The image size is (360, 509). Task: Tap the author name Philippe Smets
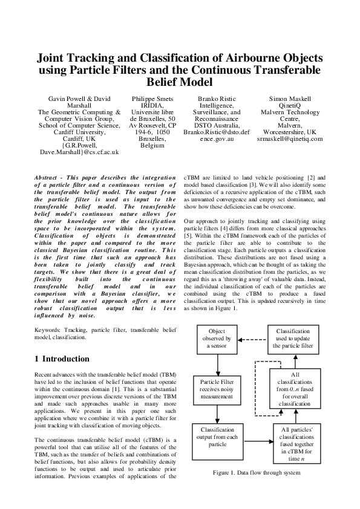[x=152, y=99]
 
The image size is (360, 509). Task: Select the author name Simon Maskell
[x=290, y=99]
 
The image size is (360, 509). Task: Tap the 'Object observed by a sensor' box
[x=217, y=339]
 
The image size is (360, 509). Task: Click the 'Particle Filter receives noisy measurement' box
[x=217, y=390]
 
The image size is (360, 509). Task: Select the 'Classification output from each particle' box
[x=217, y=439]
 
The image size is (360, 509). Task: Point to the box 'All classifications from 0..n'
[x=296, y=390]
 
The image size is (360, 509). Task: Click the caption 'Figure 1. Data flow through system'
[x=257, y=472]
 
